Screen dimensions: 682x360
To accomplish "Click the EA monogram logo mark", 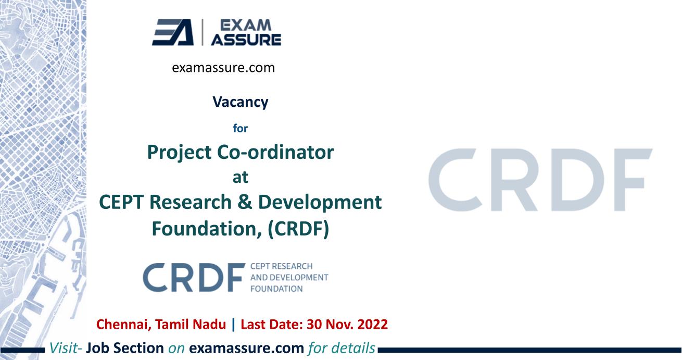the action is coord(173,32).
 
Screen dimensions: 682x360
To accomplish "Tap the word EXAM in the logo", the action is coord(246,26).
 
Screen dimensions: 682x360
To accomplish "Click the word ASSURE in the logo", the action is coord(246,40).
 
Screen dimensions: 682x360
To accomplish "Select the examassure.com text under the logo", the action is coord(223,68).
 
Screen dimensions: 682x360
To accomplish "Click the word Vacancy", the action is coord(240,102).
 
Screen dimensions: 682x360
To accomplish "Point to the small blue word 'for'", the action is coord(240,128).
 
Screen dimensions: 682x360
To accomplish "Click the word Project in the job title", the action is coord(179,153).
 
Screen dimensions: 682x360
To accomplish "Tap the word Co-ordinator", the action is coord(275,152).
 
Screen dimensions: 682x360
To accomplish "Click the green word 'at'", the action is coord(240,177).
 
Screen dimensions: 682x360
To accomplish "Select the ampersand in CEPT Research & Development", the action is coord(245,202).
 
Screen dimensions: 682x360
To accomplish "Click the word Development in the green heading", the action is coord(320,203).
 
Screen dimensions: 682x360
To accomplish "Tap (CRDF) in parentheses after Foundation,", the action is coord(298,229).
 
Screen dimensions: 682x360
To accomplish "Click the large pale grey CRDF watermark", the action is coord(540,180).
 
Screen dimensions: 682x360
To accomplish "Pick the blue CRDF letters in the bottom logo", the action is coord(194,278).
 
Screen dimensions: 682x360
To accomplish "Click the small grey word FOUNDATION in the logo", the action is coord(276,289).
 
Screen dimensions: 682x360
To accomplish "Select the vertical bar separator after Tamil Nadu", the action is coord(234,325).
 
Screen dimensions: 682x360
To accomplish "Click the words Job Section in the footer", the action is coord(125,348).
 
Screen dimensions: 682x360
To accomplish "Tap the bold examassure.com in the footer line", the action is coord(247,349).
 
